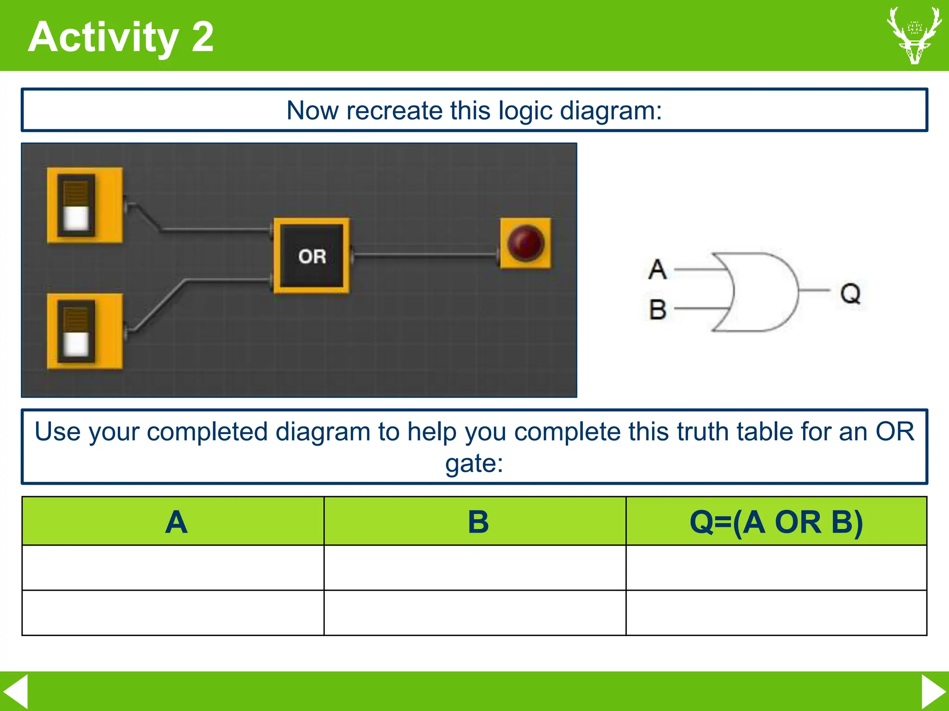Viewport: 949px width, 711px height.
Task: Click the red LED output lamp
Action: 526,243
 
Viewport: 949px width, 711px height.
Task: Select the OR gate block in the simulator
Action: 311,256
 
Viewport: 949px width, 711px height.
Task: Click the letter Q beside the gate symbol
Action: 850,293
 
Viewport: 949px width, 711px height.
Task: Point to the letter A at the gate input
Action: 658,269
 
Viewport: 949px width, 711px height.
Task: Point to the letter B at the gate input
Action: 658,309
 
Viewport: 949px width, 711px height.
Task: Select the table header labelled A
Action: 176,522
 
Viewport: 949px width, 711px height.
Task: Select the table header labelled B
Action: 478,522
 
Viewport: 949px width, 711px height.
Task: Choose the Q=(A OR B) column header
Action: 776,522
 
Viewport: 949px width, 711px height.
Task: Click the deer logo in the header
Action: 914,35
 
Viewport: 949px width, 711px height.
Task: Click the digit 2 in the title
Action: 202,37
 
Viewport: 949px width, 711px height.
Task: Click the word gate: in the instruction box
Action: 474,463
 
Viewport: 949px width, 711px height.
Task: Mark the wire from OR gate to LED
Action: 424,254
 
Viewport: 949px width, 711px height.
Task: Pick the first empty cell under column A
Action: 173,568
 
